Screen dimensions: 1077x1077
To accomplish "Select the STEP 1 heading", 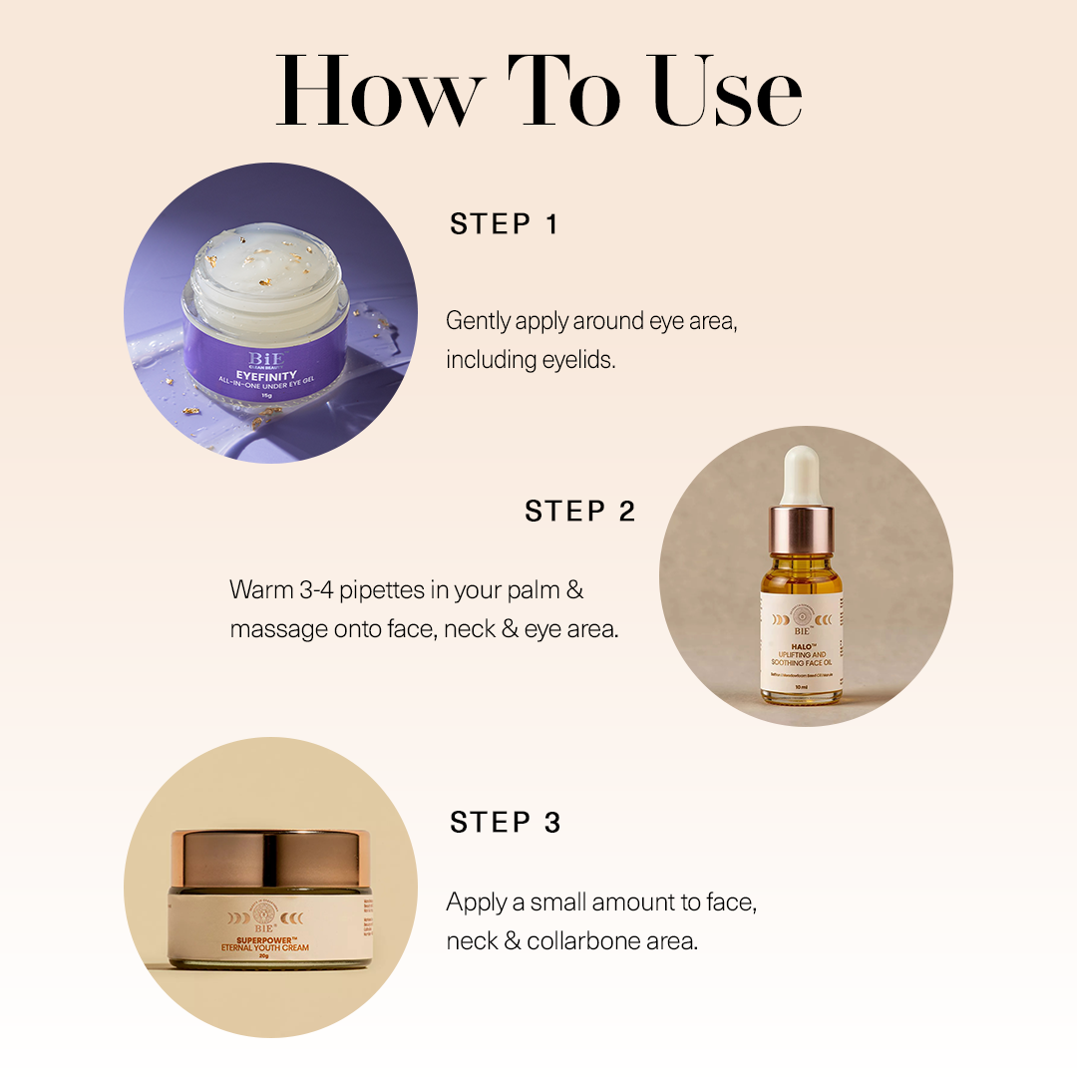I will (504, 224).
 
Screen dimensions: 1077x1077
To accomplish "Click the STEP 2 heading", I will (579, 512).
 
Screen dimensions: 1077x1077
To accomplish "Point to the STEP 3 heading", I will (505, 823).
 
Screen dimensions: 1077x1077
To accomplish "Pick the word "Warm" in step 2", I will (262, 590).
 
